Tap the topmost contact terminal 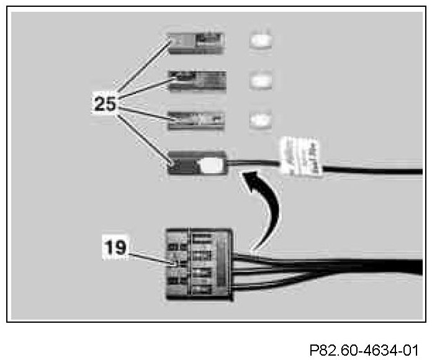[199, 42]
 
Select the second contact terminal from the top [199, 79]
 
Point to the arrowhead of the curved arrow [251, 181]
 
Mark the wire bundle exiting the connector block [323, 267]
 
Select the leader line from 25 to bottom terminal [146, 138]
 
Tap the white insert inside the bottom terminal [210, 164]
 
